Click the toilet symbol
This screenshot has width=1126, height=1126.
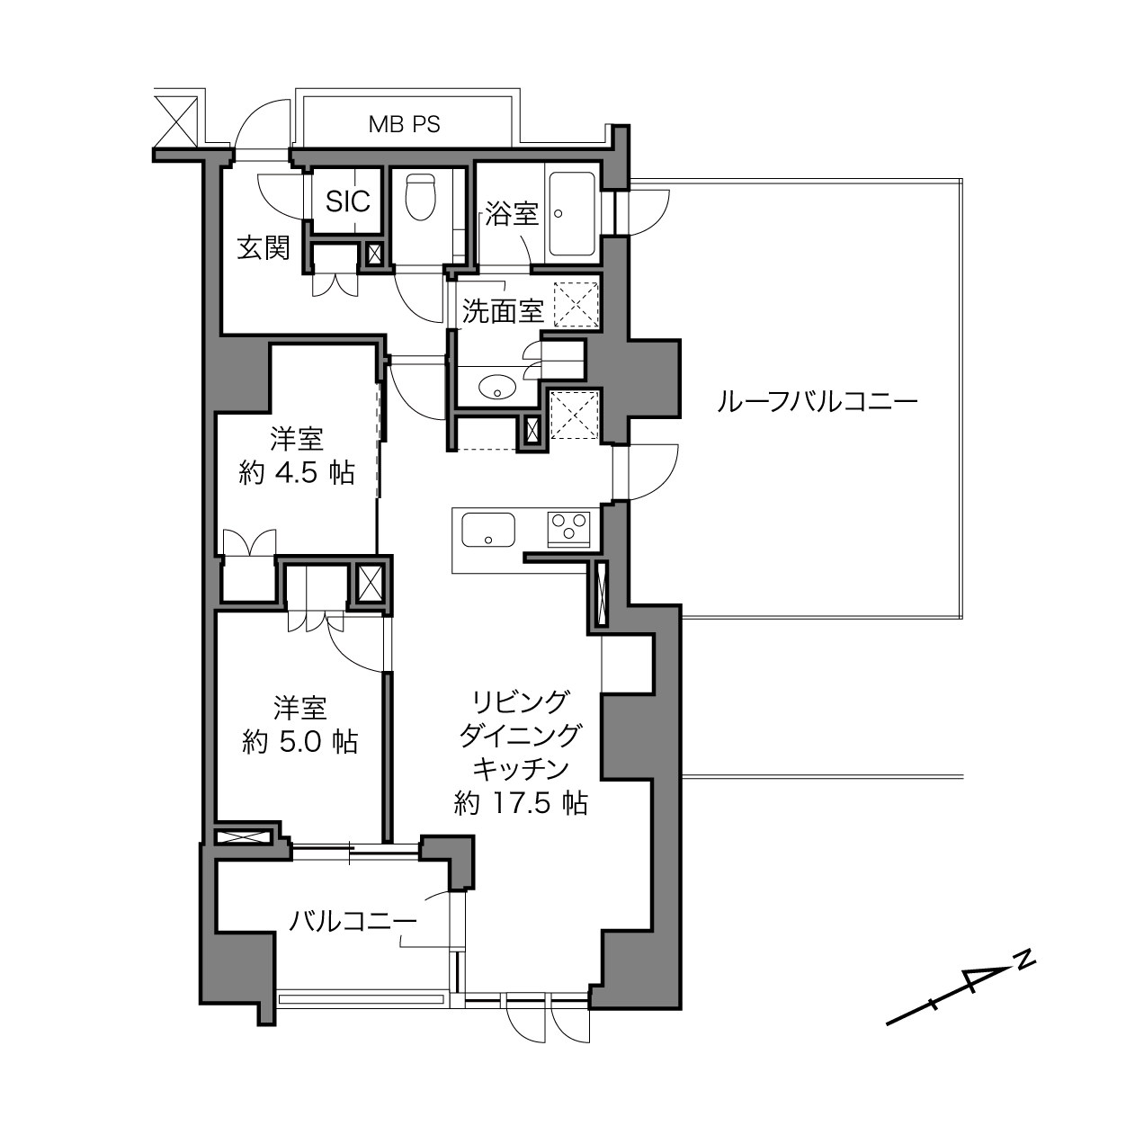click(x=421, y=196)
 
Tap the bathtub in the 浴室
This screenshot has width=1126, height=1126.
click(x=573, y=214)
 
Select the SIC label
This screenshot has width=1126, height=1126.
click(x=348, y=201)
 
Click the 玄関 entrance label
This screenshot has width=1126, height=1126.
click(x=264, y=248)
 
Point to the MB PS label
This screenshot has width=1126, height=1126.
click(x=405, y=124)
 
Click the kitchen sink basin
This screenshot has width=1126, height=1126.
click(x=488, y=530)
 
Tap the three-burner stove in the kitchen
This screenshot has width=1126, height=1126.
click(x=568, y=528)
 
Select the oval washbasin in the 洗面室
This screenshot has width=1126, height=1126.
click(x=497, y=386)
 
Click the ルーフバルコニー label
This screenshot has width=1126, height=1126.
click(x=817, y=403)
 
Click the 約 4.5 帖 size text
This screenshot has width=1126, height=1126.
click(x=297, y=473)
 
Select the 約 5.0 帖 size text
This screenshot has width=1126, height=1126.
click(x=299, y=742)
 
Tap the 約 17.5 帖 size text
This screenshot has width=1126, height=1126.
click(x=521, y=804)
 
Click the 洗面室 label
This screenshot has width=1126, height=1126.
click(x=503, y=311)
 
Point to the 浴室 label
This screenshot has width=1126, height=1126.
click(x=512, y=214)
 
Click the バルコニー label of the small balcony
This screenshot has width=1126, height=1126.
click(x=353, y=922)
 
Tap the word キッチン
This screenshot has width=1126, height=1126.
click(x=521, y=769)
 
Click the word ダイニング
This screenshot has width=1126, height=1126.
click(x=521, y=735)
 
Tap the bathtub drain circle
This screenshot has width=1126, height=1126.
click(x=559, y=214)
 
